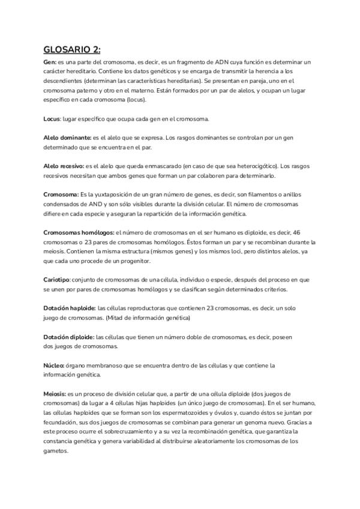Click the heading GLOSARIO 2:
click(x=72, y=50)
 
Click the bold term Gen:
click(x=50, y=62)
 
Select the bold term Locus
click(x=53, y=119)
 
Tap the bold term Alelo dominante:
click(x=67, y=138)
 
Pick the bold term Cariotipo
click(x=57, y=280)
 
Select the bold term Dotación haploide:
click(x=70, y=308)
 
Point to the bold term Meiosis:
click(x=55, y=393)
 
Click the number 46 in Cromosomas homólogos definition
click(x=296, y=232)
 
